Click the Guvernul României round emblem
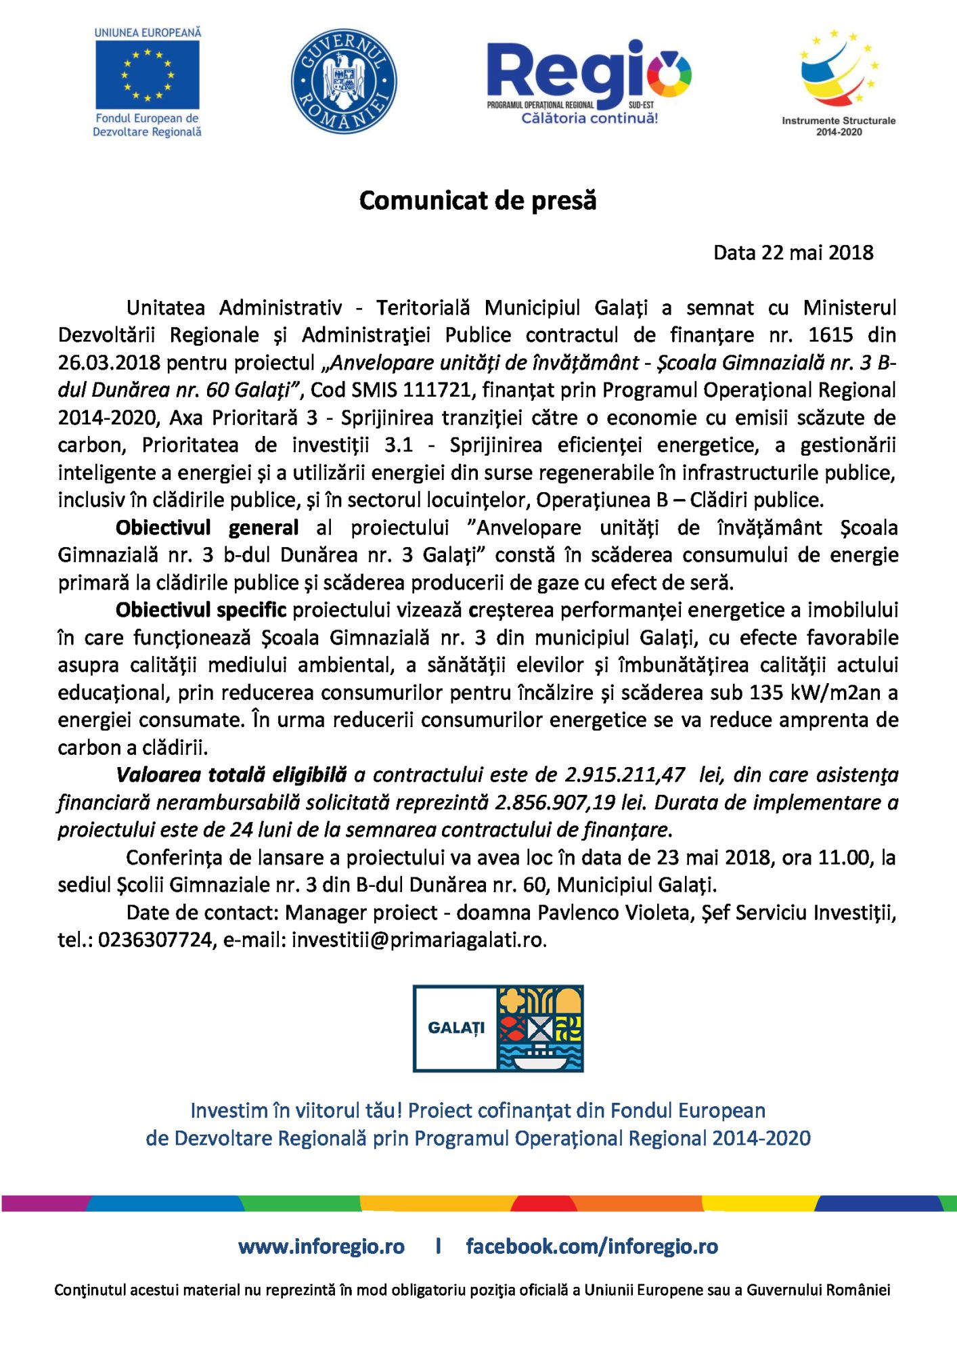click(344, 81)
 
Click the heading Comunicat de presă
click(478, 200)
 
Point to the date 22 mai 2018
click(817, 253)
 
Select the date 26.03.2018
click(109, 363)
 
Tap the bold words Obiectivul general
click(207, 527)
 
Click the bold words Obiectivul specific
click(201, 610)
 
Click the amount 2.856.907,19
click(555, 803)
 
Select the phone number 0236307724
click(155, 940)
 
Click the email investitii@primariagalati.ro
click(418, 940)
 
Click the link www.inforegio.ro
click(321, 1246)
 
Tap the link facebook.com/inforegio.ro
click(592, 1246)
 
